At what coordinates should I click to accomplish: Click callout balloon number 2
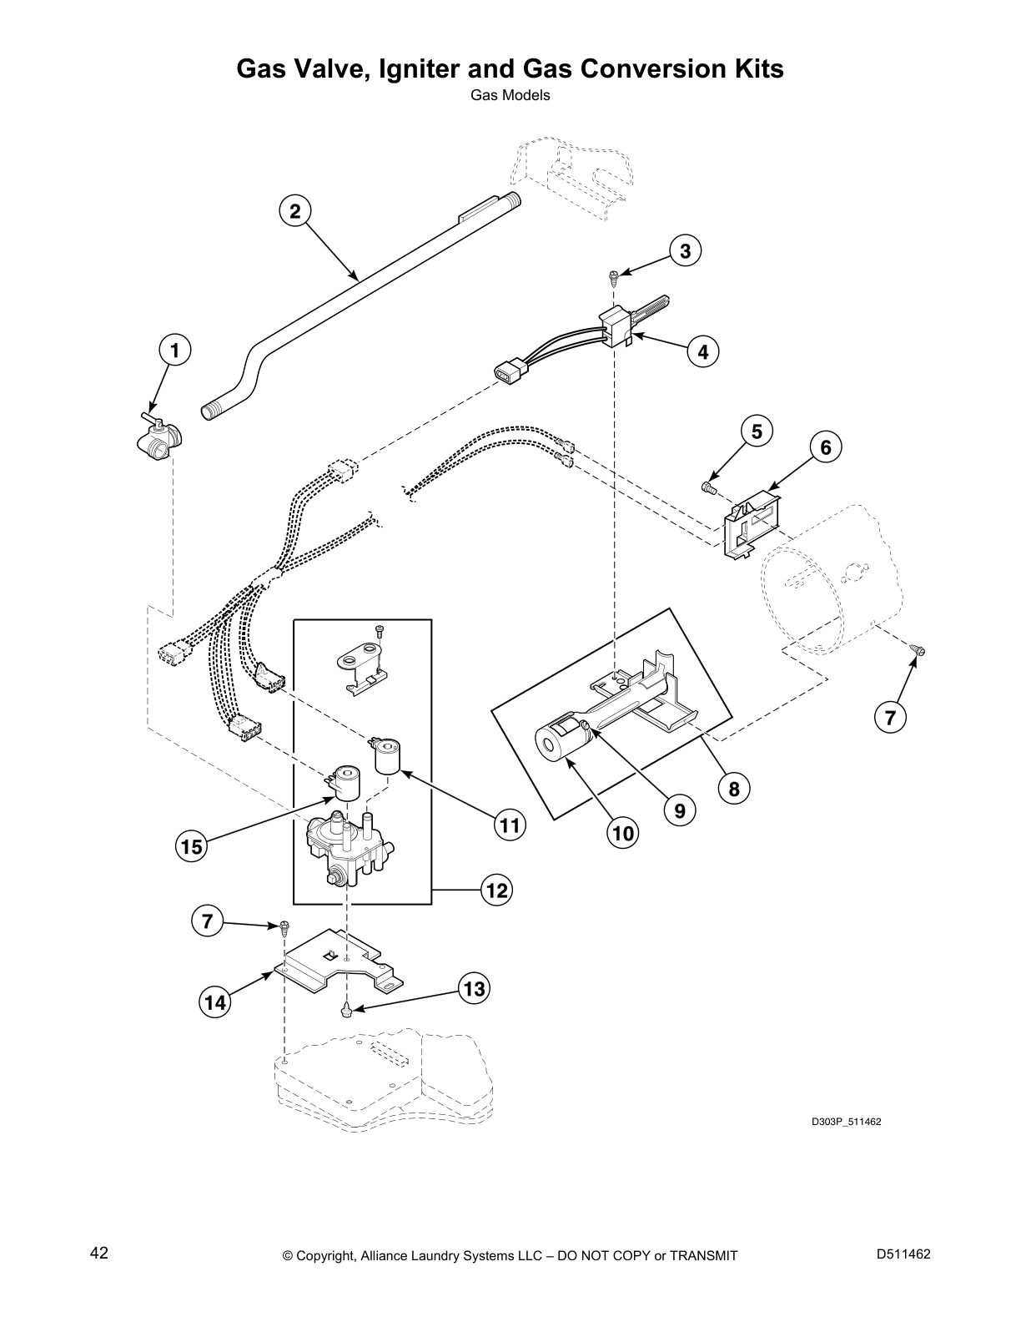pos(294,211)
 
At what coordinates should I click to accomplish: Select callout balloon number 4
pos(703,352)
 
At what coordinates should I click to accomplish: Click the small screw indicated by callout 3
pos(613,274)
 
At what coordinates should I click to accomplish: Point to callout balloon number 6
pos(825,448)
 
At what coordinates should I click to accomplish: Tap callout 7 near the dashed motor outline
pos(890,717)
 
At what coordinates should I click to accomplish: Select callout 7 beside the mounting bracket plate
pos(207,921)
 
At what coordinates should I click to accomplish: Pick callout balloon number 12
pos(496,891)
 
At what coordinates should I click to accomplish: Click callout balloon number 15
pos(191,847)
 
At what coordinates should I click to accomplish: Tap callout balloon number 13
pos(473,990)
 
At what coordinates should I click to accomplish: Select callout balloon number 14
pos(215,1002)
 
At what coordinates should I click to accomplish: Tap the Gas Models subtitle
pos(510,95)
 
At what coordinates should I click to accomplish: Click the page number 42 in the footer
pos(99,1254)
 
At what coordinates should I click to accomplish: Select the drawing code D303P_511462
pos(846,1121)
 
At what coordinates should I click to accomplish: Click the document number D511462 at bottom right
pos(903,1254)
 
